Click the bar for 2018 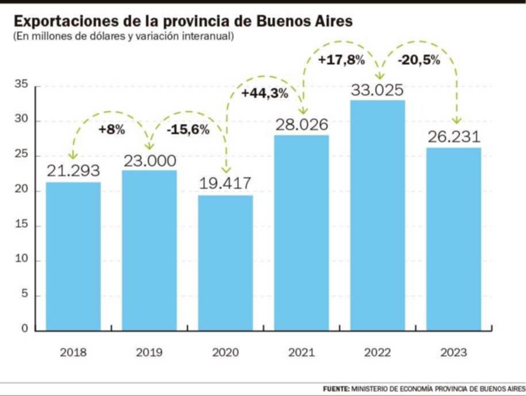(73, 256)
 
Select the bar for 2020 (225, 262)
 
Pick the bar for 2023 (454, 239)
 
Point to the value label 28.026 (301, 125)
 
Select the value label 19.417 (225, 185)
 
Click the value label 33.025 (378, 90)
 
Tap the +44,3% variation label (264, 94)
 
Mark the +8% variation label (111, 130)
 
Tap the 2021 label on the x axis (301, 352)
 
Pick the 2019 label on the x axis (149, 352)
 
